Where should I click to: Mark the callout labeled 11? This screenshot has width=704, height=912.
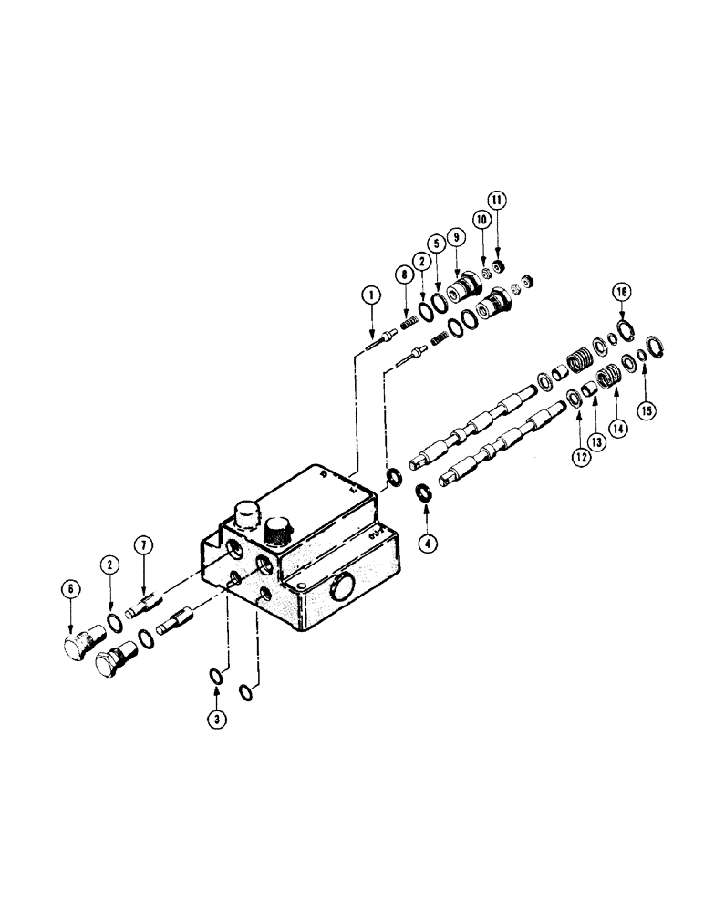[496, 199]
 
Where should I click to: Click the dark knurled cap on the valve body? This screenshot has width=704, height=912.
[278, 530]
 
